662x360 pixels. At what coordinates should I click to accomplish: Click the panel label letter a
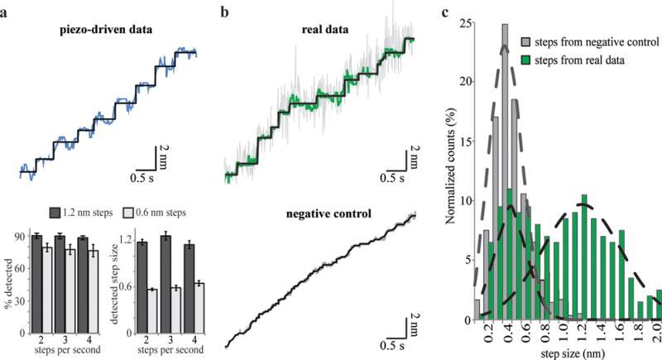[5, 11]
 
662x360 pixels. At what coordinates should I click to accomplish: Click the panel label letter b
[223, 11]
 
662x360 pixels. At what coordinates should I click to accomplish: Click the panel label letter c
[446, 11]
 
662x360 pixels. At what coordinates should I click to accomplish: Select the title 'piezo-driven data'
[114, 32]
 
